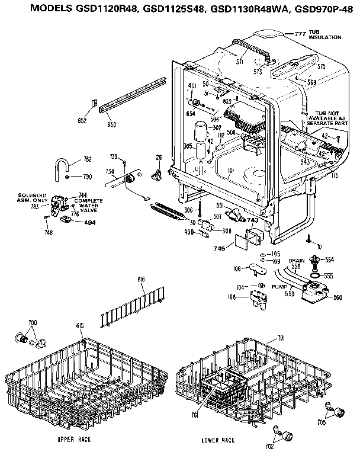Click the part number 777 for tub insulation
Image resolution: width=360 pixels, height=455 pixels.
300,34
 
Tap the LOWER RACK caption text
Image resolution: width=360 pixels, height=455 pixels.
218,440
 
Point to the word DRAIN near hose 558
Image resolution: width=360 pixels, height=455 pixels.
297,260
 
